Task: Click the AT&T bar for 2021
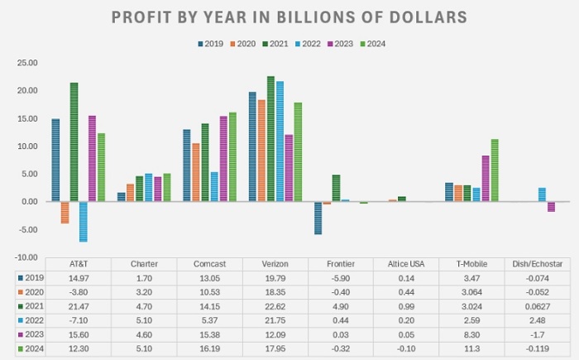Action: click(74, 142)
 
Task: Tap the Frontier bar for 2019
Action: click(318, 218)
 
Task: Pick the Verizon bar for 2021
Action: click(270, 138)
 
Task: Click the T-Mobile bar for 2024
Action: click(495, 170)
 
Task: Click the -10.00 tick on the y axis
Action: click(26, 257)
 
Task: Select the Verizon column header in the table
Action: click(275, 262)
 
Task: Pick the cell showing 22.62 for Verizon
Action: click(275, 307)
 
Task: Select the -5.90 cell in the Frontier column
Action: click(340, 277)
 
